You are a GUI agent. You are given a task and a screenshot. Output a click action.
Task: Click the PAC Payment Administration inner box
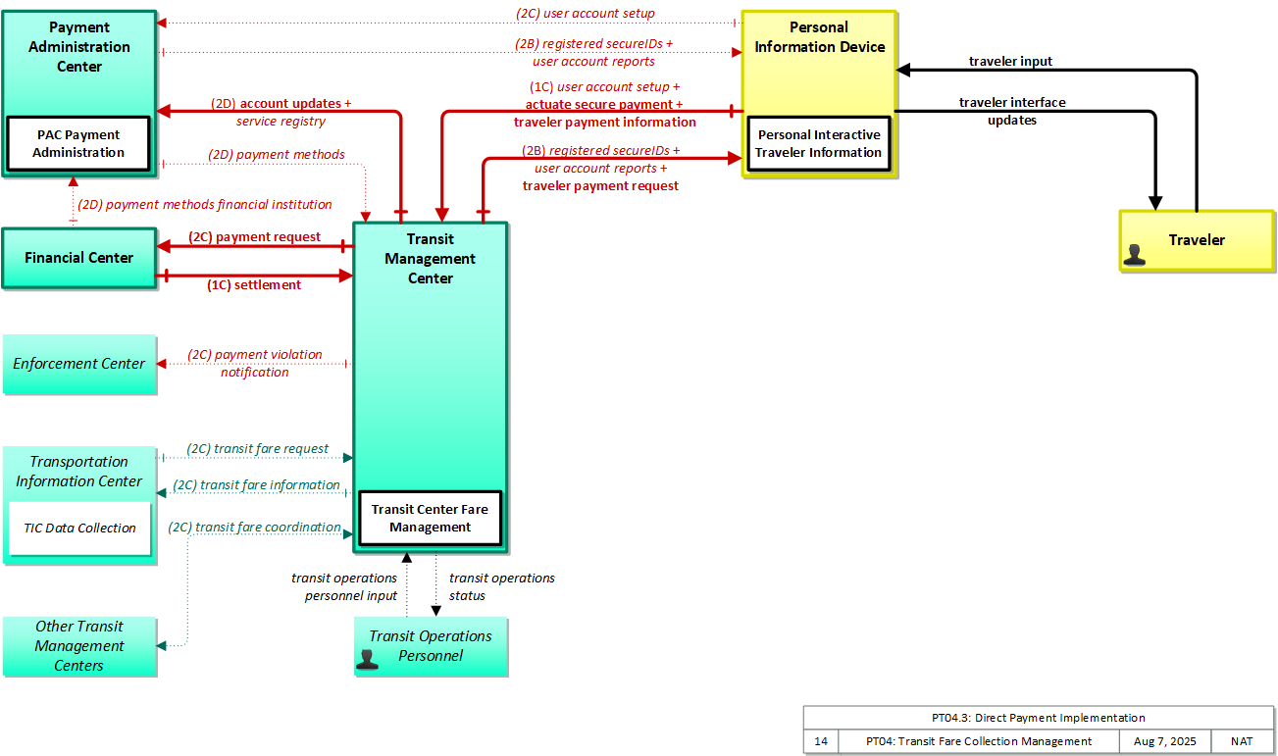(x=78, y=144)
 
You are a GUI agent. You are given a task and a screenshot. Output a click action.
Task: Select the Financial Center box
(x=79, y=258)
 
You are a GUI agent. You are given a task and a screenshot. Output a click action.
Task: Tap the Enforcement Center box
(x=79, y=364)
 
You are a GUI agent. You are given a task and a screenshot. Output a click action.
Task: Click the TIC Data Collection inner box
(x=79, y=529)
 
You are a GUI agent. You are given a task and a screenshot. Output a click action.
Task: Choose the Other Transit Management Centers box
(x=79, y=646)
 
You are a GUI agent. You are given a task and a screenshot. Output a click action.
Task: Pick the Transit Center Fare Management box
(x=431, y=518)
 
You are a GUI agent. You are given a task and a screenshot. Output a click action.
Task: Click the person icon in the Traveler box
(x=1134, y=255)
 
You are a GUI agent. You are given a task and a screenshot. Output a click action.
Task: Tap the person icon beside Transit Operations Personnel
(x=367, y=659)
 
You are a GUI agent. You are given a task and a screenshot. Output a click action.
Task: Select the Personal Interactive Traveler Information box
(x=819, y=144)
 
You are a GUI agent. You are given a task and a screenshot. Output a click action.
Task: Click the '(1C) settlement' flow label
(x=254, y=284)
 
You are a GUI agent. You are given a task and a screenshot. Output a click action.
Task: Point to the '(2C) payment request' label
(x=254, y=236)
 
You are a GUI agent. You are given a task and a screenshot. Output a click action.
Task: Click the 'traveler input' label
(x=1010, y=61)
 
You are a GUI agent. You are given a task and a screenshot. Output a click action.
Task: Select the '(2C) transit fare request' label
(x=257, y=448)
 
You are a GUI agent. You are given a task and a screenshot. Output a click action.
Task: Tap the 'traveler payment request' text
(x=600, y=186)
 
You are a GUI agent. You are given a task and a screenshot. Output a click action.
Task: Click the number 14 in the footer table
(x=820, y=741)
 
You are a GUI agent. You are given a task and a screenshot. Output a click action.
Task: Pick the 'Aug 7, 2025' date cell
(x=1164, y=741)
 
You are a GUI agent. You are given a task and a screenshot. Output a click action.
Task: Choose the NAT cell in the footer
(x=1242, y=741)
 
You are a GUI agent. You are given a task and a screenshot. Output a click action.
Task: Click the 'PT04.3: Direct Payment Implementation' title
(x=1039, y=717)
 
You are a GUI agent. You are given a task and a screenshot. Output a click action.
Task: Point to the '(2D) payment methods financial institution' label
(x=205, y=204)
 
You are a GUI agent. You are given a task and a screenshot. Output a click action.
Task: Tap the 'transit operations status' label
(x=501, y=586)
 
